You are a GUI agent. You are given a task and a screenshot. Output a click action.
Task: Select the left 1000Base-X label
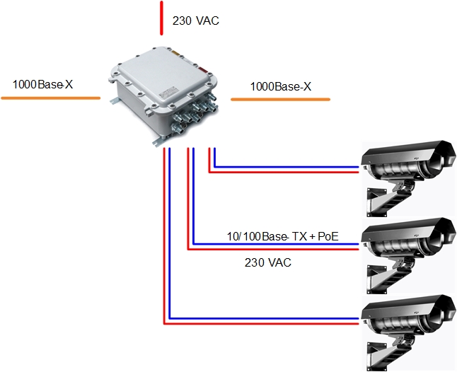pos(42,86)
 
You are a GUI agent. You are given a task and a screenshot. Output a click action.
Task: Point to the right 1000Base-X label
pos(281,87)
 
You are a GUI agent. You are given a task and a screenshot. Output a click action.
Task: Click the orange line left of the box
pos(50,98)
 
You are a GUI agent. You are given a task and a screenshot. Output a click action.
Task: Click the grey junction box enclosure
pos(166,88)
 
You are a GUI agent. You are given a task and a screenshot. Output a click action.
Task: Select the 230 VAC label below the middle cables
pos(268,262)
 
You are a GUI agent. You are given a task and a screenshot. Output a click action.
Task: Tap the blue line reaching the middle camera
pos(283,244)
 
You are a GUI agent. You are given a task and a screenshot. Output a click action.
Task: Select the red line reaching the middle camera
pos(283,249)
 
